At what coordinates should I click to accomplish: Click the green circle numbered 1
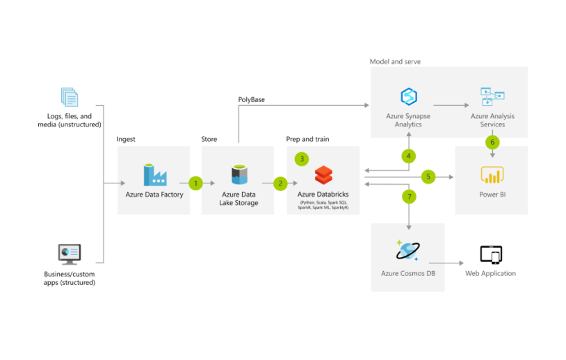point(195,183)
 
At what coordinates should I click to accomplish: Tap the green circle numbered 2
point(280,183)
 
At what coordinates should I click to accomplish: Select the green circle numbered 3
point(301,158)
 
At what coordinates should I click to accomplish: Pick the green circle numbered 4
point(409,156)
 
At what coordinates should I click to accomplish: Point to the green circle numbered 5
point(428,177)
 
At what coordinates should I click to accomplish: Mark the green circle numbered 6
point(492,142)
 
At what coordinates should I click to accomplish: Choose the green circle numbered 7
point(409,197)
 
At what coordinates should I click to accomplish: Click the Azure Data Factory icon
point(154,174)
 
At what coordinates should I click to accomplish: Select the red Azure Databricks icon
point(323,174)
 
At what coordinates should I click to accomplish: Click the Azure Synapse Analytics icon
point(408,97)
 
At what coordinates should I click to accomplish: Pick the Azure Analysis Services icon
point(492,97)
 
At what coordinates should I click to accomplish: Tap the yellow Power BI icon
point(492,174)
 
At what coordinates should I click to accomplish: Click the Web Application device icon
point(491,254)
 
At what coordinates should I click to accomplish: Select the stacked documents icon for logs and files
point(70,97)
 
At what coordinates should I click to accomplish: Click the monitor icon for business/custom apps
point(70,254)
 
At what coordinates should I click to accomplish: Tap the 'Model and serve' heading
point(395,62)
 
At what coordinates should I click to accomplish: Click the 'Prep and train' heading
point(307,139)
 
